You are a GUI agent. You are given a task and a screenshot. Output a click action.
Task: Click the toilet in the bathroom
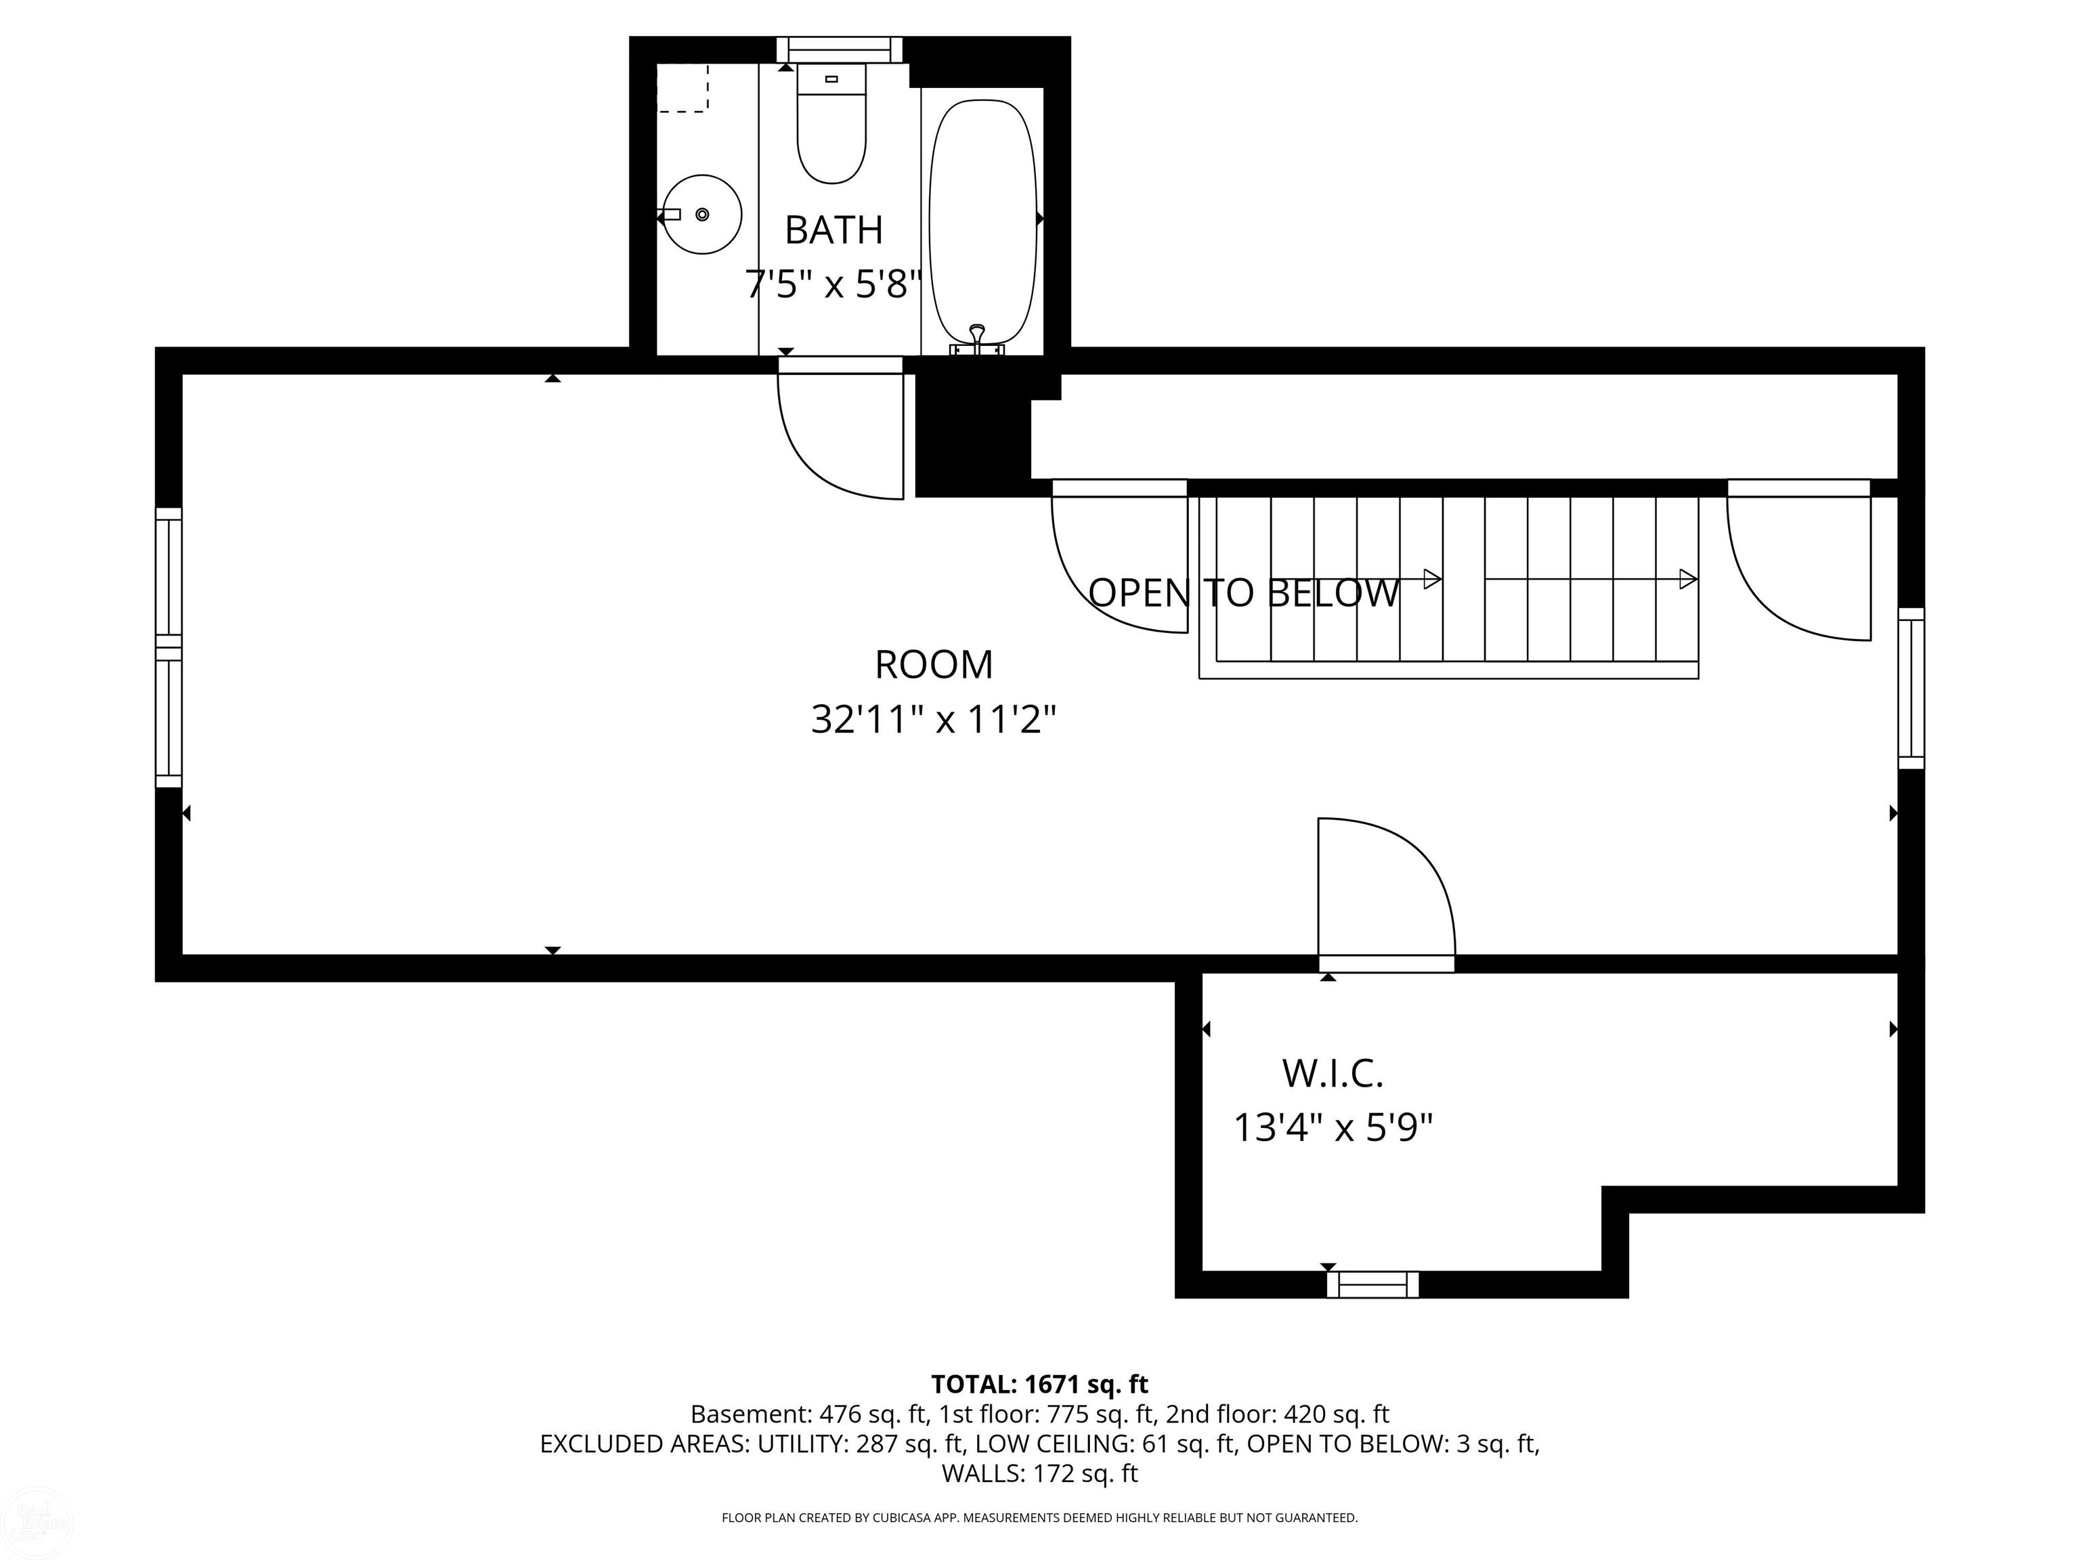831,131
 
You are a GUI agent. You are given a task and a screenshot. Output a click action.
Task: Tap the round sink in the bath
702,215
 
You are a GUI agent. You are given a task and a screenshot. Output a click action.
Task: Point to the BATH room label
833,230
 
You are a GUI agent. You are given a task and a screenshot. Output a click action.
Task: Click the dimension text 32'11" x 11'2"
933,720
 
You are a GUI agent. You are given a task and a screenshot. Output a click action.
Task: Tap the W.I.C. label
1332,1074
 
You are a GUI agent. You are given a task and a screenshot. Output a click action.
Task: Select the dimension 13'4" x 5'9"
1332,1127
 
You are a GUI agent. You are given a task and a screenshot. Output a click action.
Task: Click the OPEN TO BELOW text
1243,593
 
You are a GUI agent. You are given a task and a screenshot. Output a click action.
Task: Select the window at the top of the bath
839,49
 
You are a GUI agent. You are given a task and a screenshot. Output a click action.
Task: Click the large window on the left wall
169,647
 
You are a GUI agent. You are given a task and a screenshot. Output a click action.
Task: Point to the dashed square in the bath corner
682,89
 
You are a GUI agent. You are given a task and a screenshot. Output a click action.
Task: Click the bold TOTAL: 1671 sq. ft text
1039,1384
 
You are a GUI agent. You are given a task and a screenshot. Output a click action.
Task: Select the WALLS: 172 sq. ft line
1039,1473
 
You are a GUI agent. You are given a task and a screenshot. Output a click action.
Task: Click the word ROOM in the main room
933,665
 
